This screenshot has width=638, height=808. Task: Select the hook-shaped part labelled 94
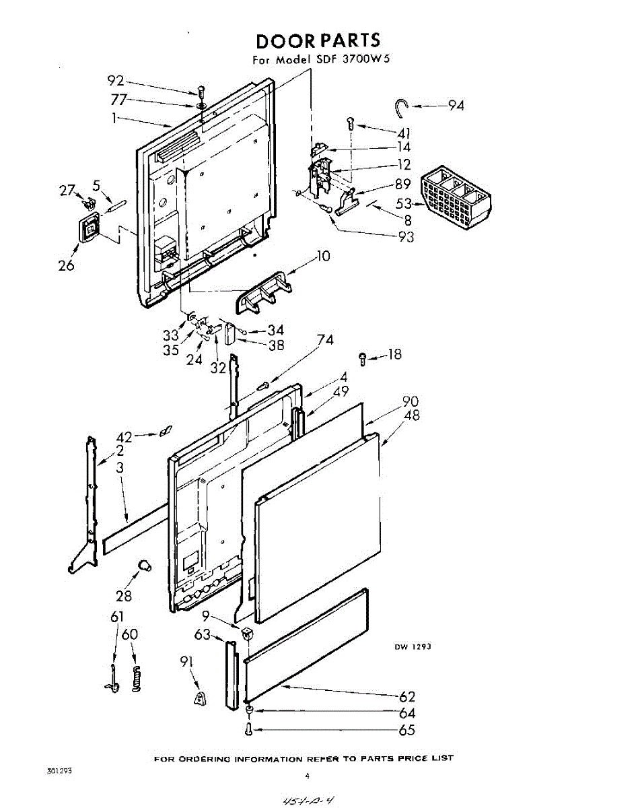coord(402,105)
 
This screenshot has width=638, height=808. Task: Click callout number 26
coord(66,265)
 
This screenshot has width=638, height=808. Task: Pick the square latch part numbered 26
coord(87,228)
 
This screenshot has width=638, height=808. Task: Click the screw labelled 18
coord(363,358)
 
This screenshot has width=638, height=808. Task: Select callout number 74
coord(325,341)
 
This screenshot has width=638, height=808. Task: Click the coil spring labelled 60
coord(137,679)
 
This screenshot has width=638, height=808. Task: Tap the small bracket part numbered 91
coord(200,700)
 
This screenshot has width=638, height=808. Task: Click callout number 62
coord(407,697)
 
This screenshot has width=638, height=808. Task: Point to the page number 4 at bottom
coord(307,776)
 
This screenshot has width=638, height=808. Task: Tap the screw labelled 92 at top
coord(201,91)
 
